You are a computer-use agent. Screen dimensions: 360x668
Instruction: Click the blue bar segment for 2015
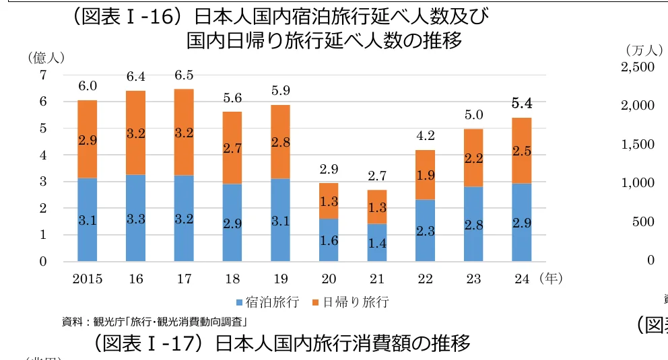pos(88,219)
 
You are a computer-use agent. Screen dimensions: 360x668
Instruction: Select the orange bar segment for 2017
pos(184,132)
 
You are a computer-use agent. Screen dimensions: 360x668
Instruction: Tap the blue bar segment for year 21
pos(377,243)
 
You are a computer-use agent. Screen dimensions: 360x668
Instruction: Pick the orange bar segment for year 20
pos(329,201)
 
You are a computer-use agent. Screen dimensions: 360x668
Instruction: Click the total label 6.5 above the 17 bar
pos(184,75)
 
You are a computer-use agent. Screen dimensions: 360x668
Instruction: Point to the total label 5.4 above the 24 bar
pos(522,104)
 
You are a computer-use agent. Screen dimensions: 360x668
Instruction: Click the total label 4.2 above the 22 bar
pos(425,136)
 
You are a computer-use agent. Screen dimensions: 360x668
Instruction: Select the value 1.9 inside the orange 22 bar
pos(425,175)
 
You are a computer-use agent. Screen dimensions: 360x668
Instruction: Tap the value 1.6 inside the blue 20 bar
pos(329,240)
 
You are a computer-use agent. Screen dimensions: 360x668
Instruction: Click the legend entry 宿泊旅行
pos(267,301)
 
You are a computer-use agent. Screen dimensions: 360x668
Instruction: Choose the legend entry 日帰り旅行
pos(351,301)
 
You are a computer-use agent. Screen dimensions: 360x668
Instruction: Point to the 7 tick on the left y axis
pos(43,75)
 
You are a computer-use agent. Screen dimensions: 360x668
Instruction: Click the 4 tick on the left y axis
pos(43,155)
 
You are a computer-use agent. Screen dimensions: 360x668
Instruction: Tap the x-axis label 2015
pos(88,279)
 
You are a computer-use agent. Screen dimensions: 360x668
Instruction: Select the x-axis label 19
pos(280,279)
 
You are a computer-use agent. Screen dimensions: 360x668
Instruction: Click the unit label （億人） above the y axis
pos(46,58)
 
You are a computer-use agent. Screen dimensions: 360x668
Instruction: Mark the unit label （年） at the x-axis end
pos(550,278)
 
